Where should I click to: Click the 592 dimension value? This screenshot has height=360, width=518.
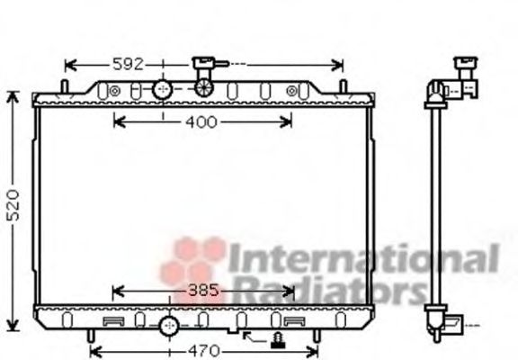point(127,64)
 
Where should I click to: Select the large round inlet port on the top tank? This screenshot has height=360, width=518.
point(162,90)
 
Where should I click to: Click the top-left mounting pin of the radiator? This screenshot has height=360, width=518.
point(64,86)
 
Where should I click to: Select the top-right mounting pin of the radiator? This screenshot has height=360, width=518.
point(343,86)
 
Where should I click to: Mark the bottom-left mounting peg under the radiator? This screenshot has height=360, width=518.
point(92,336)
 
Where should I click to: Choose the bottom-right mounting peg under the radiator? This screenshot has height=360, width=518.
point(316,336)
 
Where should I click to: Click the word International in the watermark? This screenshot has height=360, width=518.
point(360,259)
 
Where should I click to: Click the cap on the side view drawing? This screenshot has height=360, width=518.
point(466,67)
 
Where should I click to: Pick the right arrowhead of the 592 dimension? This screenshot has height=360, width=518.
point(338,64)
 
